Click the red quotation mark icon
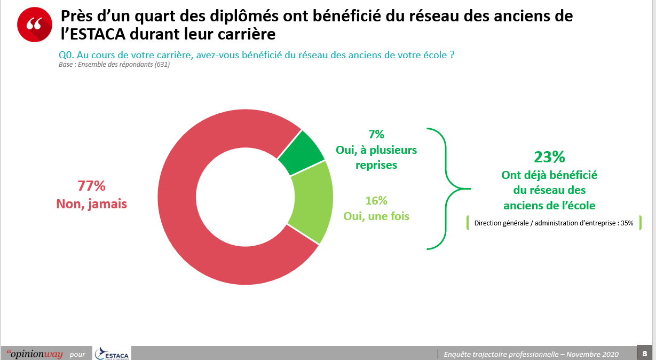pyautogui.click(x=35, y=24)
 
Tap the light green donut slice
pyautogui.click(x=312, y=202)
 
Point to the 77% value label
pyautogui.click(x=91, y=186)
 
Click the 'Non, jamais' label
pyautogui.click(x=91, y=204)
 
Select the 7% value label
pyautogui.click(x=376, y=135)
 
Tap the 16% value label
pyautogui.click(x=376, y=201)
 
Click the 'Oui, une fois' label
pyautogui.click(x=376, y=217)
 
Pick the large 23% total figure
pyautogui.click(x=549, y=157)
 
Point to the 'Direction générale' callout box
pyautogui.click(x=554, y=223)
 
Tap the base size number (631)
pyautogui.click(x=162, y=65)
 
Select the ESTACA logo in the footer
pyautogui.click(x=112, y=354)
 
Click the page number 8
pyautogui.click(x=644, y=354)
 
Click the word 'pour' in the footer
pyautogui.click(x=77, y=354)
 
